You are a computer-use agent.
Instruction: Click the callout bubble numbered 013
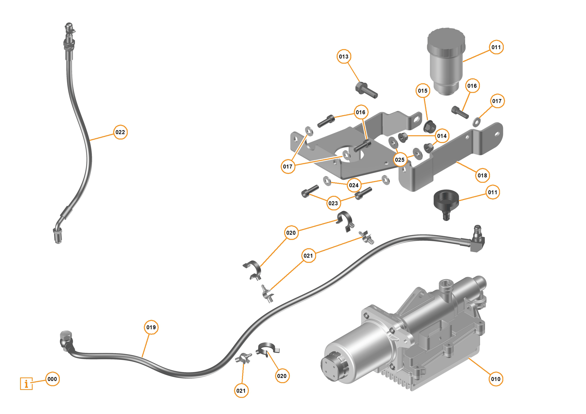pyautogui.click(x=344, y=57)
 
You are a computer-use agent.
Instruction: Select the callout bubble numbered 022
pyautogui.click(x=120, y=132)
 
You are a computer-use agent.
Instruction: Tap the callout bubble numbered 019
pyautogui.click(x=151, y=327)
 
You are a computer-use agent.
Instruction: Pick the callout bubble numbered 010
pyautogui.click(x=496, y=379)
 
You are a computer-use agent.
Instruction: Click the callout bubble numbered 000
pyautogui.click(x=52, y=379)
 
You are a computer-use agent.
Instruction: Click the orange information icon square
pyautogui.click(x=26, y=384)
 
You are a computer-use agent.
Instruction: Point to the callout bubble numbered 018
pyautogui.click(x=482, y=175)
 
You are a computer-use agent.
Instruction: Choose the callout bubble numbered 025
pyautogui.click(x=400, y=160)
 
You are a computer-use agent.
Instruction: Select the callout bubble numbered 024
pyautogui.click(x=354, y=185)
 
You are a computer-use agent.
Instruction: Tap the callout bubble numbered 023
pyautogui.click(x=333, y=203)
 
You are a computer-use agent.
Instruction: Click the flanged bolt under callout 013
pyautogui.click(x=366, y=90)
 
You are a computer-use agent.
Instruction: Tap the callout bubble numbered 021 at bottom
pyautogui.click(x=241, y=391)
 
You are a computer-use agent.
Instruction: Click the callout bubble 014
pyautogui.click(x=442, y=136)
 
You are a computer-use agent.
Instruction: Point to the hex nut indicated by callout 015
pyautogui.click(x=429, y=126)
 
